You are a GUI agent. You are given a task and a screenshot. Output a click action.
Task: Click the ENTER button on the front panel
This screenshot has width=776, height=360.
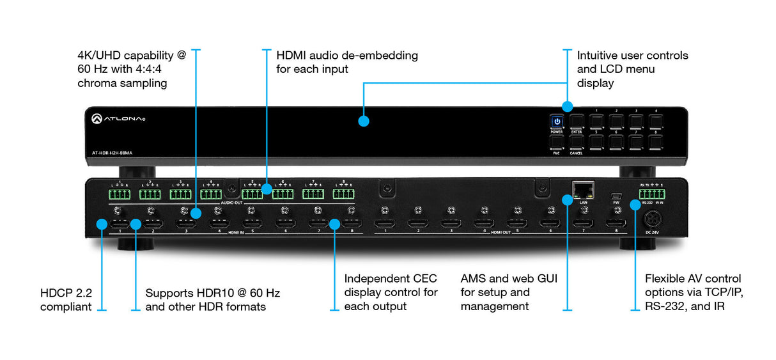pyautogui.click(x=577, y=121)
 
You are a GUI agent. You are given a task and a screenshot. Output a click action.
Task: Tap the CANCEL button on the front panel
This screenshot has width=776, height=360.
pyautogui.click(x=577, y=142)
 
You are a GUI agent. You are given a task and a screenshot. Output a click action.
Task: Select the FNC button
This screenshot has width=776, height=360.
pyautogui.click(x=557, y=142)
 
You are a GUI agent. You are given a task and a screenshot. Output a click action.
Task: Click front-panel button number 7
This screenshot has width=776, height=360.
pyautogui.click(x=636, y=142)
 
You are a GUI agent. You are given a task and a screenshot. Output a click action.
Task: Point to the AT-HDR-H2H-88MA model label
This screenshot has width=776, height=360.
pyautogui.click(x=113, y=152)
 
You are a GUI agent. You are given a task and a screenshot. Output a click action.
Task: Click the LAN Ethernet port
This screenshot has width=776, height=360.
pyautogui.click(x=583, y=189)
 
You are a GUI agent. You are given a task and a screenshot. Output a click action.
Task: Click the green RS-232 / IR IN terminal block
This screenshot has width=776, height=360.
pyautogui.click(x=651, y=194)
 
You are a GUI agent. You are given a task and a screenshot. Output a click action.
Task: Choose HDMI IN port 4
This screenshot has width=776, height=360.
pyautogui.click(x=219, y=223)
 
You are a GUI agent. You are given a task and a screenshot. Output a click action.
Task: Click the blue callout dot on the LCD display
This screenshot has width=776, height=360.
pyautogui.click(x=363, y=121)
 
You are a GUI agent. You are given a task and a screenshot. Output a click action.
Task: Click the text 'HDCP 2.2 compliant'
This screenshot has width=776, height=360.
pyautogui.click(x=66, y=300)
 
